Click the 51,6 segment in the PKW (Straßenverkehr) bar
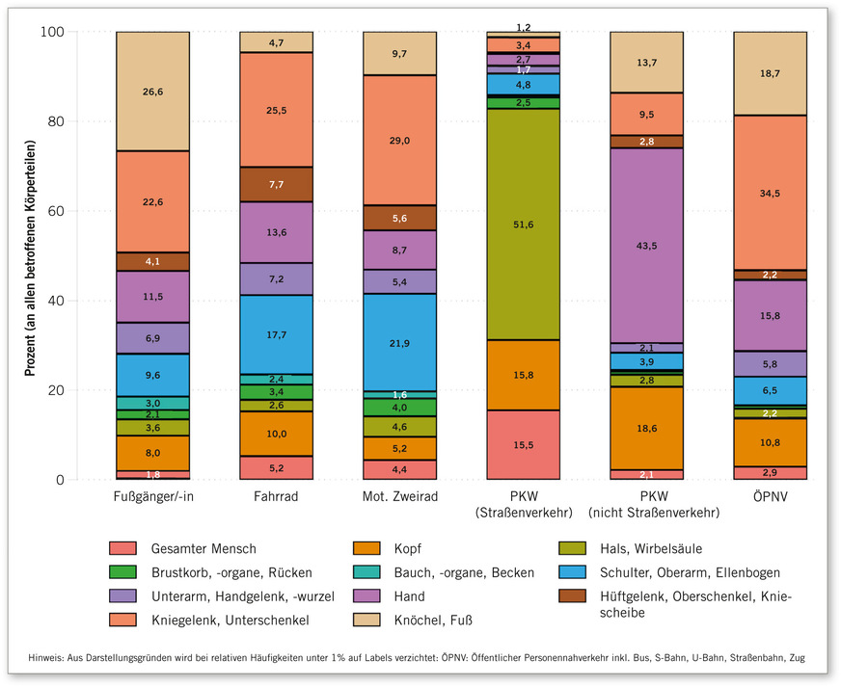tap(524, 224)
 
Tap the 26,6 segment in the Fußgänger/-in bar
tap(152, 92)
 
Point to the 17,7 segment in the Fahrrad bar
tap(276, 334)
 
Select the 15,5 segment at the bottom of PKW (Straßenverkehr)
tap(524, 444)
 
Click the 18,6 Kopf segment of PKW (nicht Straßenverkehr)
tap(647, 429)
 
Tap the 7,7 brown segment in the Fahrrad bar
tap(276, 184)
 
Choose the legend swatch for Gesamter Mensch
tap(124, 548)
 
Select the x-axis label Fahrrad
tap(276, 497)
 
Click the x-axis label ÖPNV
tap(771, 497)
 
